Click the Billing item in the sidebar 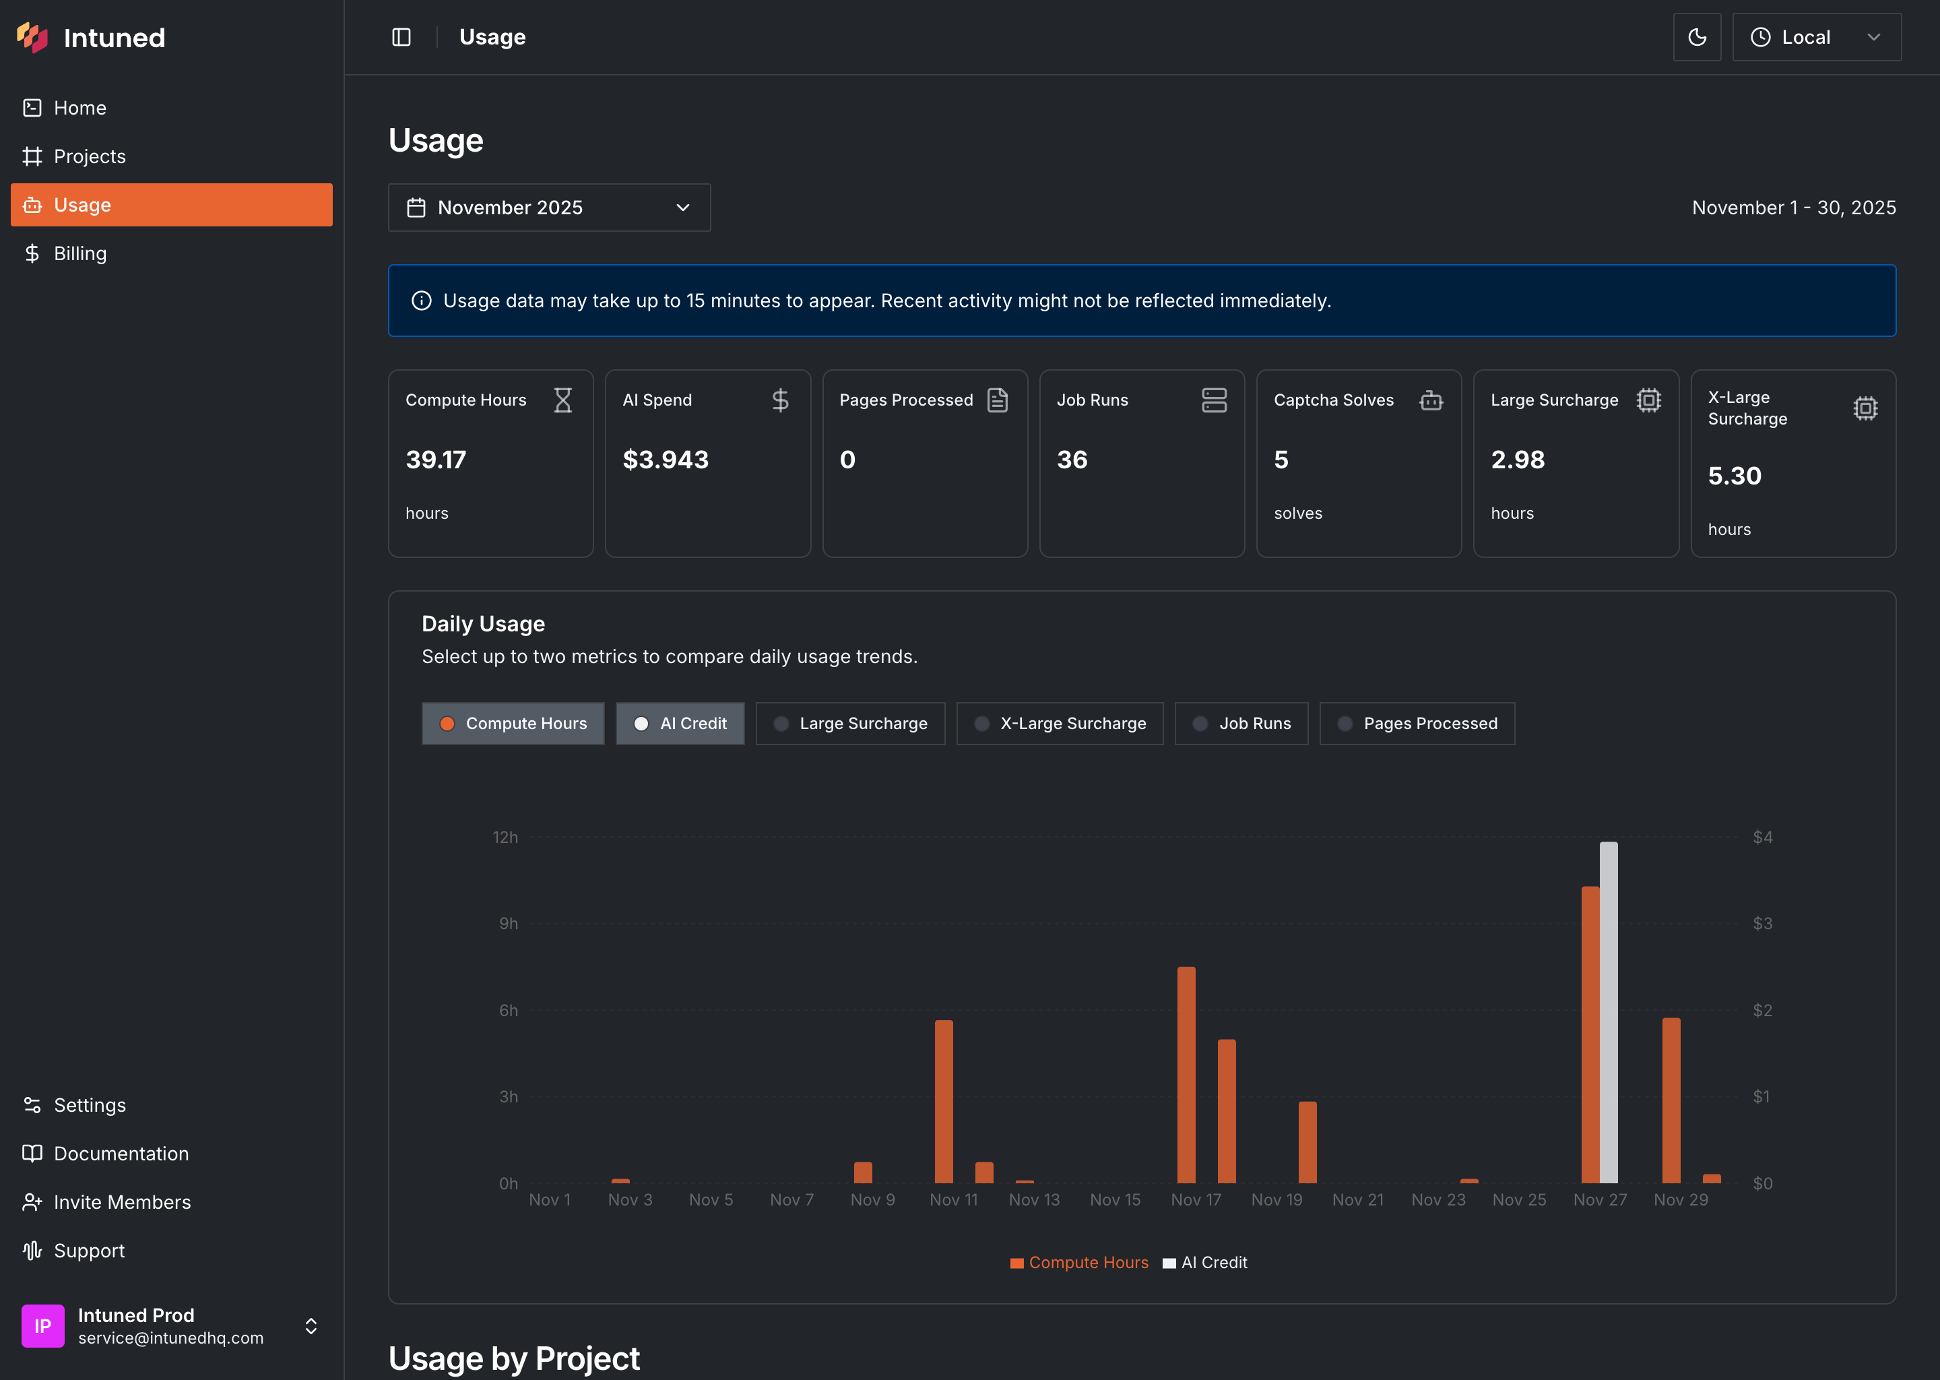[80, 253]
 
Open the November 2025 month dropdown [549, 208]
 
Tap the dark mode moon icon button [1696, 37]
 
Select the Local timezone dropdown [1816, 37]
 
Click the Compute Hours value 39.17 [436, 460]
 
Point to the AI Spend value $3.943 [665, 460]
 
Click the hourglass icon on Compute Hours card [562, 400]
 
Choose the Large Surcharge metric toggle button [849, 723]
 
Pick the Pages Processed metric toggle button [1417, 723]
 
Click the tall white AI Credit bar [1608, 1011]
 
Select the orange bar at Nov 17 [1186, 1074]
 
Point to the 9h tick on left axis [508, 924]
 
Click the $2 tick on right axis [1762, 1010]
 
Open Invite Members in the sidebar [121, 1201]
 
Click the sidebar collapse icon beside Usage [401, 37]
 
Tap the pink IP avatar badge [42, 1325]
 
